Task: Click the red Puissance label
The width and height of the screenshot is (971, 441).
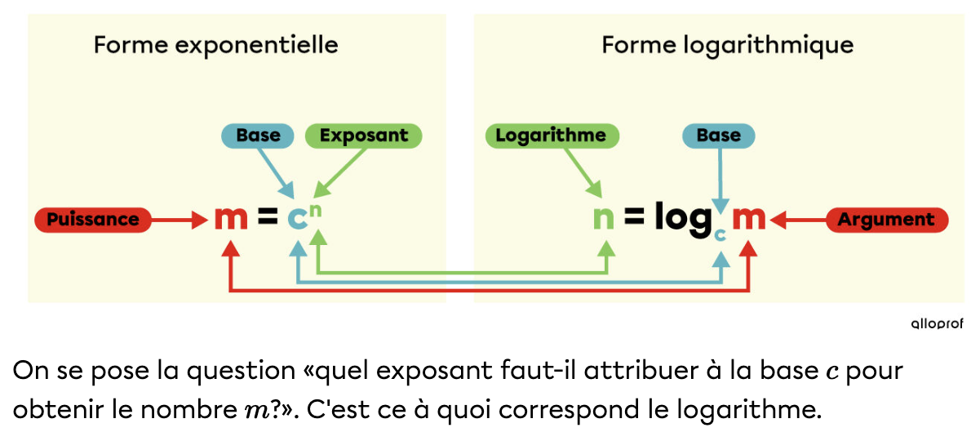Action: click(x=92, y=220)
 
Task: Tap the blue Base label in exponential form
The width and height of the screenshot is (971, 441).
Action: click(x=258, y=136)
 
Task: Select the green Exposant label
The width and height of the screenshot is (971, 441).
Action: click(x=363, y=136)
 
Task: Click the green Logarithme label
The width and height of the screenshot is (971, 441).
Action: click(x=552, y=136)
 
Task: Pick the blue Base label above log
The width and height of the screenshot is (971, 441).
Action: click(x=718, y=136)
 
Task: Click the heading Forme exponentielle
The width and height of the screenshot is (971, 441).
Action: click(x=215, y=44)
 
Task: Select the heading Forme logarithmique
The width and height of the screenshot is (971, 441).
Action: click(x=727, y=44)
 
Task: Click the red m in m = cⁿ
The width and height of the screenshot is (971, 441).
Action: click(x=231, y=219)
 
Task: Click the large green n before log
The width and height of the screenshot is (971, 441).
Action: click(x=603, y=220)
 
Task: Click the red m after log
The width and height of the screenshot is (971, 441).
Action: click(x=748, y=220)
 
